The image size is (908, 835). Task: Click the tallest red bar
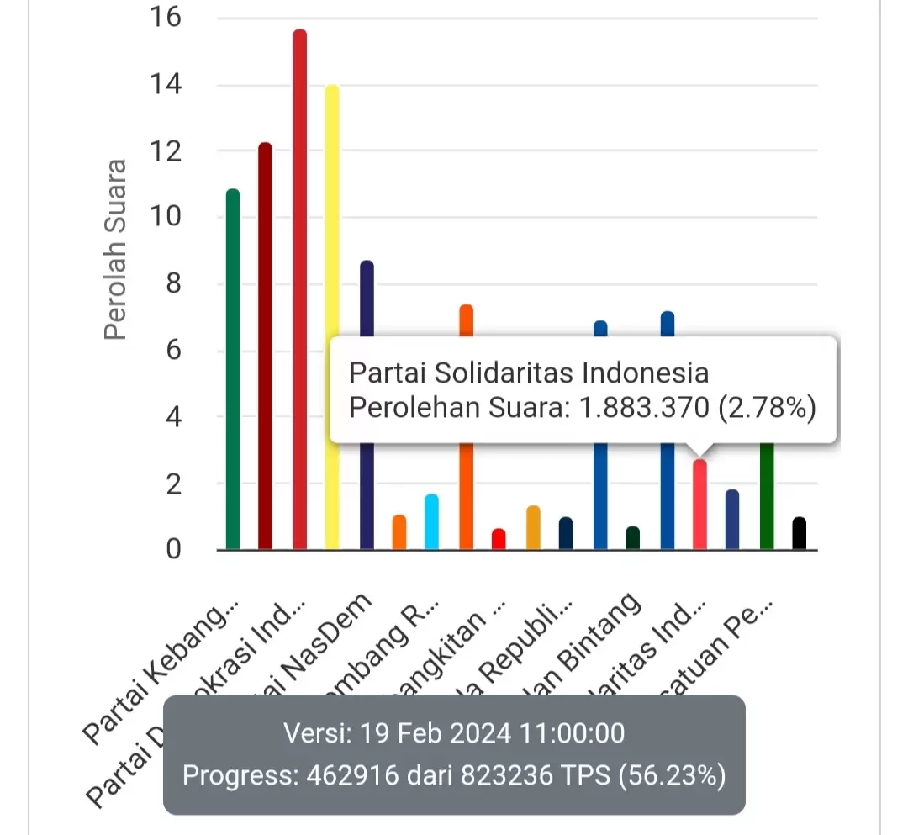tap(299, 290)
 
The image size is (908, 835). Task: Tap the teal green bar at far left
tap(233, 370)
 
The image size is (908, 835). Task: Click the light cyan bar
tap(431, 522)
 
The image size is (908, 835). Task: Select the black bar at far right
tap(799, 534)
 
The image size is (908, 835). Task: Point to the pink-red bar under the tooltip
tap(699, 505)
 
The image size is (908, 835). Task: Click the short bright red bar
tap(499, 539)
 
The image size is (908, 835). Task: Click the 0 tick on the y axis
tap(172, 550)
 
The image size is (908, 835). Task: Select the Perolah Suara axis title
tap(115, 250)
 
